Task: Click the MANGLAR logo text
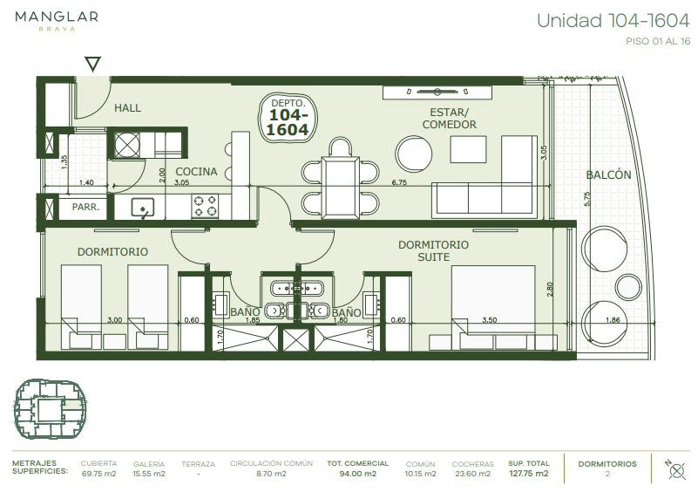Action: (57, 17)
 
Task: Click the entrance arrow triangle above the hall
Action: (92, 64)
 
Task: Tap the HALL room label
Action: (127, 108)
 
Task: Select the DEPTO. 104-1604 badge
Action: (288, 118)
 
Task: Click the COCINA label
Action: (196, 172)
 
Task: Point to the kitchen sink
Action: (143, 208)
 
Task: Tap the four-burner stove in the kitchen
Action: (205, 206)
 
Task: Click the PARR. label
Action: (86, 208)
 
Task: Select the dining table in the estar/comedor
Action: (341, 188)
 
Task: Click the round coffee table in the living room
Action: (414, 154)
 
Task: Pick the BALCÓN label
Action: (608, 174)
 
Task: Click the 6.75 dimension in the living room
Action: (399, 182)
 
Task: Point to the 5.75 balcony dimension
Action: (586, 199)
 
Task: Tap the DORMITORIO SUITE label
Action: (434, 251)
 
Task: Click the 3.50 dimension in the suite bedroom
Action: (489, 320)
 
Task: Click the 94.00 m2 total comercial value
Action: (358, 474)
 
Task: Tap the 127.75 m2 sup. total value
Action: (529, 474)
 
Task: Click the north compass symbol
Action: (676, 470)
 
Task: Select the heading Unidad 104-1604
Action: (613, 21)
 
